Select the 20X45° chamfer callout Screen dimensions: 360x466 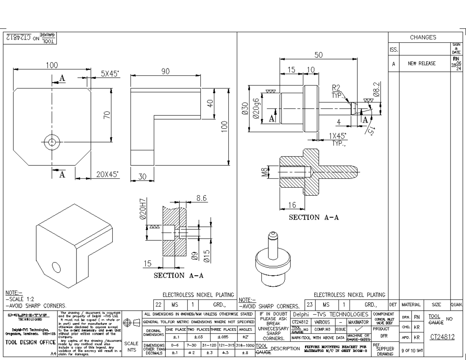108,174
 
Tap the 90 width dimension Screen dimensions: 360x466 165,71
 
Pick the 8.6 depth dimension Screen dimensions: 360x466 201,198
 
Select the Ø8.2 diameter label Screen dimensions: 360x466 376,89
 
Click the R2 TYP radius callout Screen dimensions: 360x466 336,91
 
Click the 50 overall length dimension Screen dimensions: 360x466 318,55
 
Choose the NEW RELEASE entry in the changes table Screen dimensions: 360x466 421,64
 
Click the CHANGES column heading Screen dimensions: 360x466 423,38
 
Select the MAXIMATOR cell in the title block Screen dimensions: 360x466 358,322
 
